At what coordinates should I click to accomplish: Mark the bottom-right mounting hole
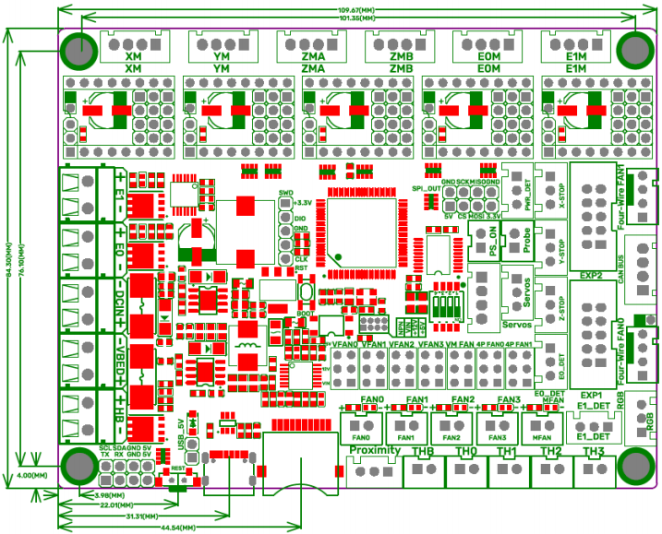coord(635,466)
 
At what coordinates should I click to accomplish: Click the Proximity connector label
coord(374,451)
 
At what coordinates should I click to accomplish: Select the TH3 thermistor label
coord(594,451)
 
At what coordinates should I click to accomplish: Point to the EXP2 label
coord(591,274)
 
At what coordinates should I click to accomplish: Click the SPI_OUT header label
coord(427,188)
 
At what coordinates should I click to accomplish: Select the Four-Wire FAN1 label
coord(621,196)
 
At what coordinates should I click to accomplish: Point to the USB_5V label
coord(181,432)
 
